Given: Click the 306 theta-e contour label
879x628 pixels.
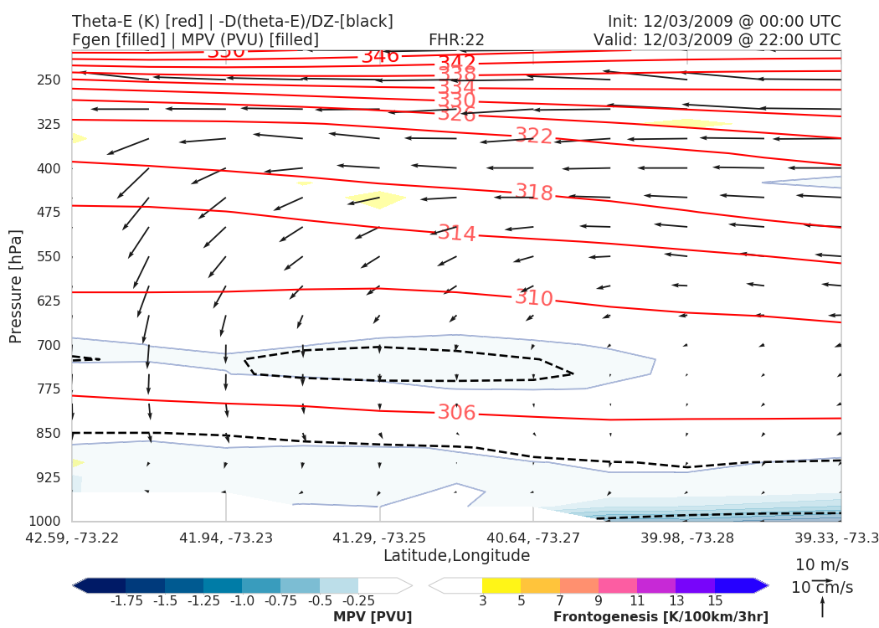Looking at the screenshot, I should pos(456,413).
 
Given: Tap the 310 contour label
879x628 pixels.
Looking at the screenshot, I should pos(533,299).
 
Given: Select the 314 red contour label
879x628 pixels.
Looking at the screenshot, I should pos(456,234).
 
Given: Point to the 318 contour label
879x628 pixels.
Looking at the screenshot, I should pos(533,193).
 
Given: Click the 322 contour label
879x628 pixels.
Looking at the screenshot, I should pos(533,136).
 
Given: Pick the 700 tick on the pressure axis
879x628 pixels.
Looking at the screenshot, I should pos(49,345).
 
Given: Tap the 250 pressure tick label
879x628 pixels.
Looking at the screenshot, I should pos(49,80).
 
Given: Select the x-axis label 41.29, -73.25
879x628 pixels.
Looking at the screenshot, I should pos(380,537).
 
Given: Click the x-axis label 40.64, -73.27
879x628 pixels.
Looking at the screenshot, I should pos(533,537).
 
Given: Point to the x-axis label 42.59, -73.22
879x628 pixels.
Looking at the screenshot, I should pos(73,537).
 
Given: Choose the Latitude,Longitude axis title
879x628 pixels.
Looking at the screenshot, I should pos(456,556).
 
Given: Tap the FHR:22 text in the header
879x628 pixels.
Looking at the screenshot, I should pos(456,40).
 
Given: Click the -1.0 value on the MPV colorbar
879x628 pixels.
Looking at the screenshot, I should pos(242,601).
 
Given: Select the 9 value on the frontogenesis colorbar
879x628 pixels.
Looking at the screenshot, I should pos(599,601).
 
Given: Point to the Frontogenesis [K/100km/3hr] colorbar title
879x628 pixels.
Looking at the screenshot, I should pos(661,617).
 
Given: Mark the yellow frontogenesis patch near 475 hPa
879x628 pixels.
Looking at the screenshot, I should pos(376,199).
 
